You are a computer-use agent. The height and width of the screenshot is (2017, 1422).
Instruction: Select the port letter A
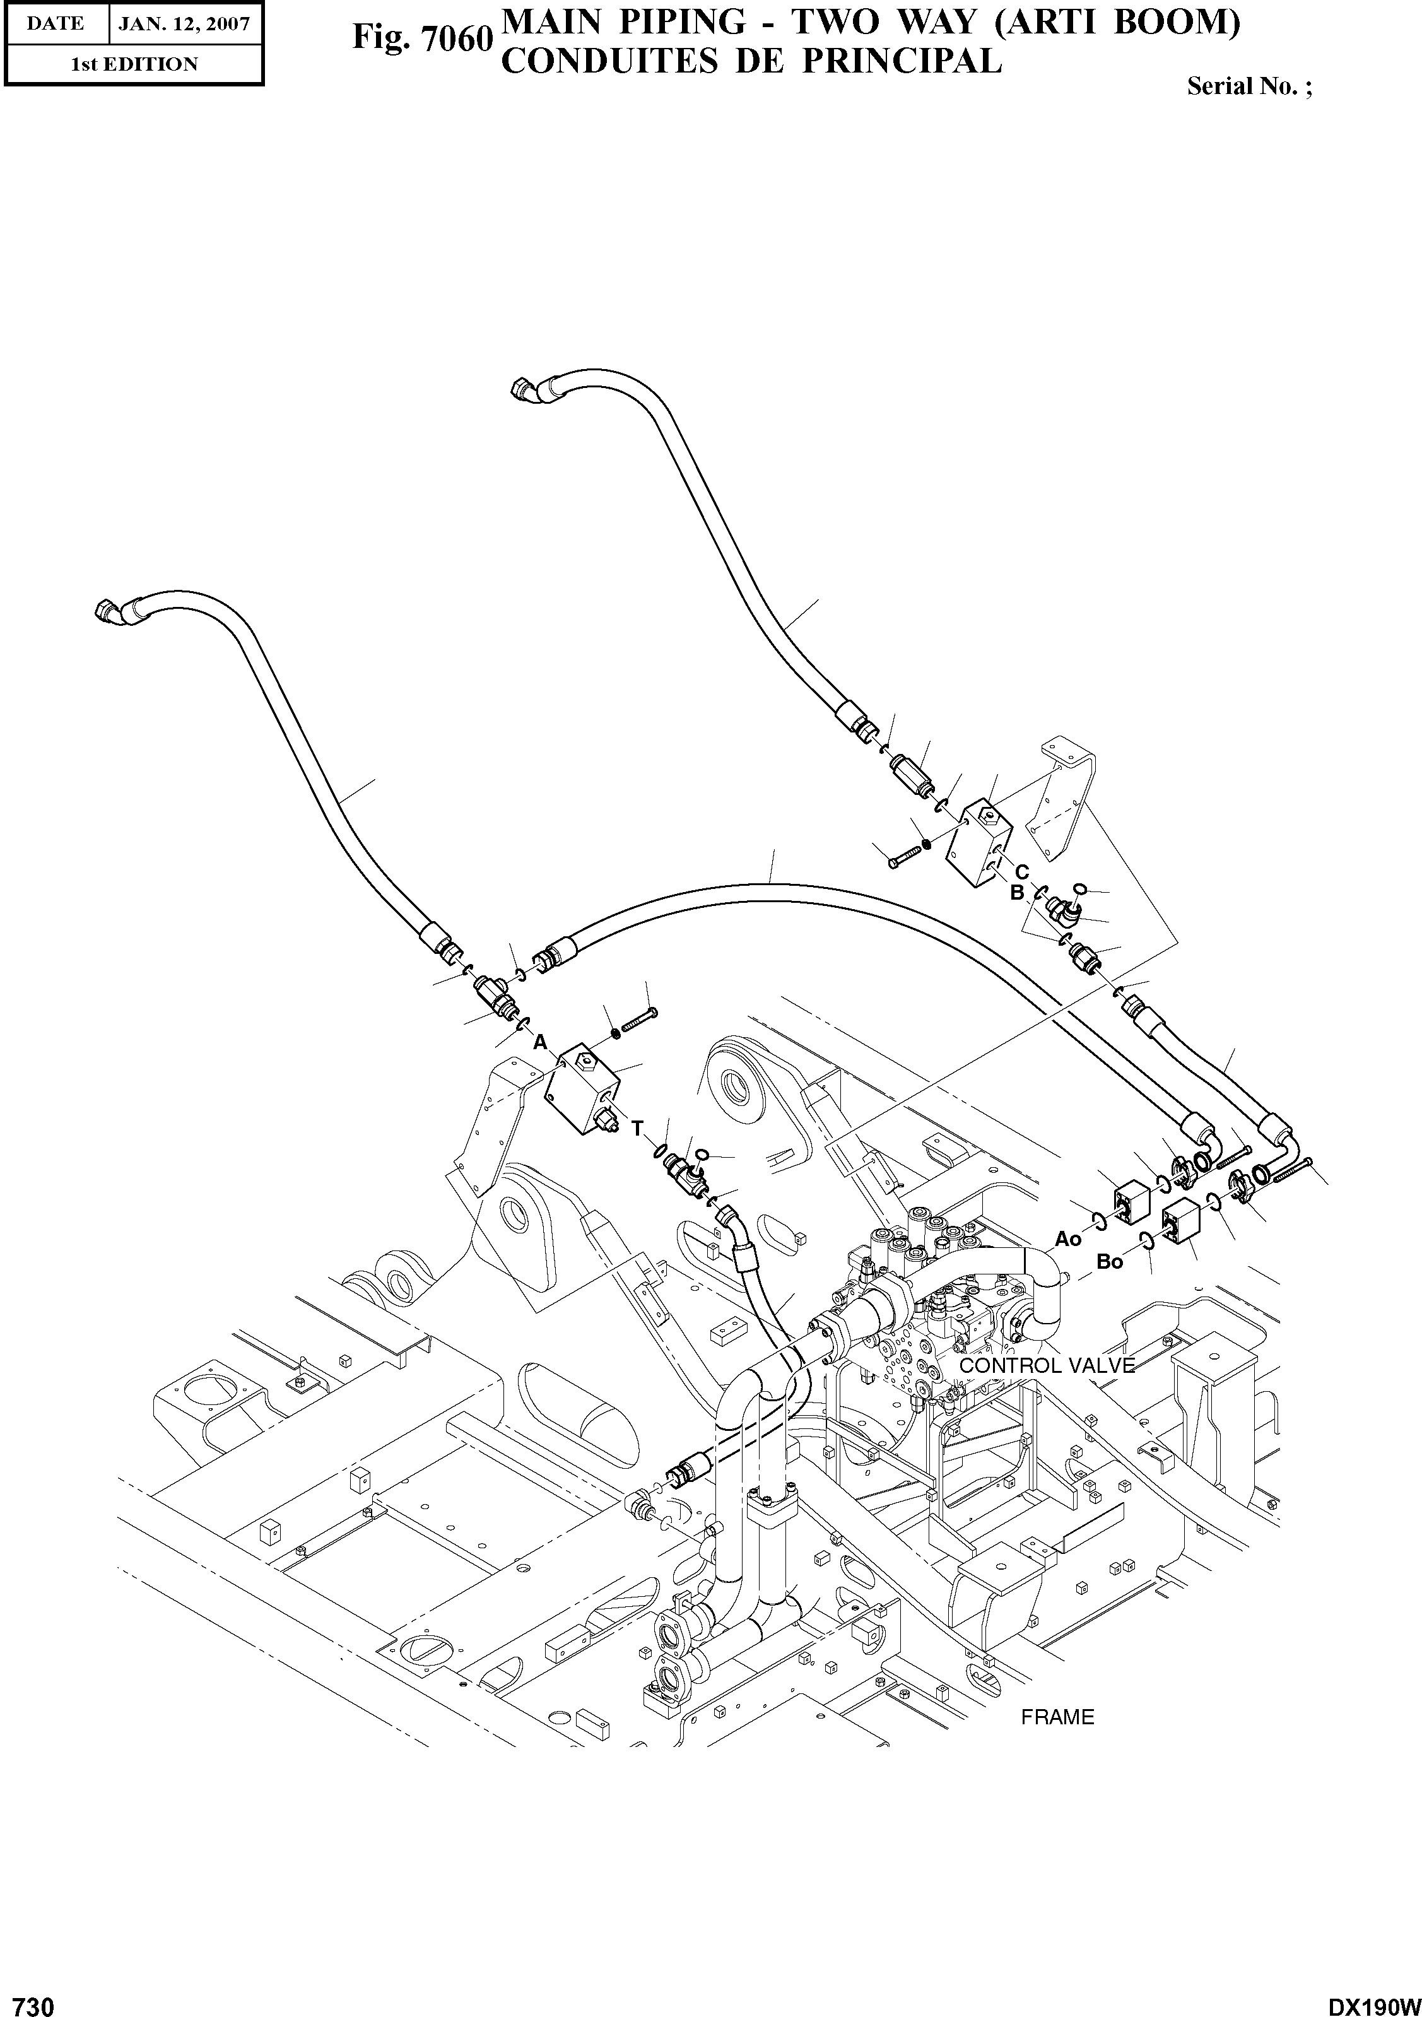click(x=540, y=1042)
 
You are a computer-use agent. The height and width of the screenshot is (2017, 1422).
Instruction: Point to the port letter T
click(x=638, y=1129)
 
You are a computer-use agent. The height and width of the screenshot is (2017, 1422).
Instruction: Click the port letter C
click(x=1021, y=873)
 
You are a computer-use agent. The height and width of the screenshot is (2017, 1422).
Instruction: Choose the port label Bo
click(x=1110, y=1262)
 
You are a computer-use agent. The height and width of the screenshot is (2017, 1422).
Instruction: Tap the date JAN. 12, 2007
click(x=184, y=24)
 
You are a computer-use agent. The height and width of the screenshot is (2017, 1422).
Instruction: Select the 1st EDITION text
click(x=134, y=64)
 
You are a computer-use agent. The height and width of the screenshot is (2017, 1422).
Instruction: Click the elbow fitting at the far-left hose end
click(x=107, y=609)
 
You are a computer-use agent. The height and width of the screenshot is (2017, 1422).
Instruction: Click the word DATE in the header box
click(x=54, y=24)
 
